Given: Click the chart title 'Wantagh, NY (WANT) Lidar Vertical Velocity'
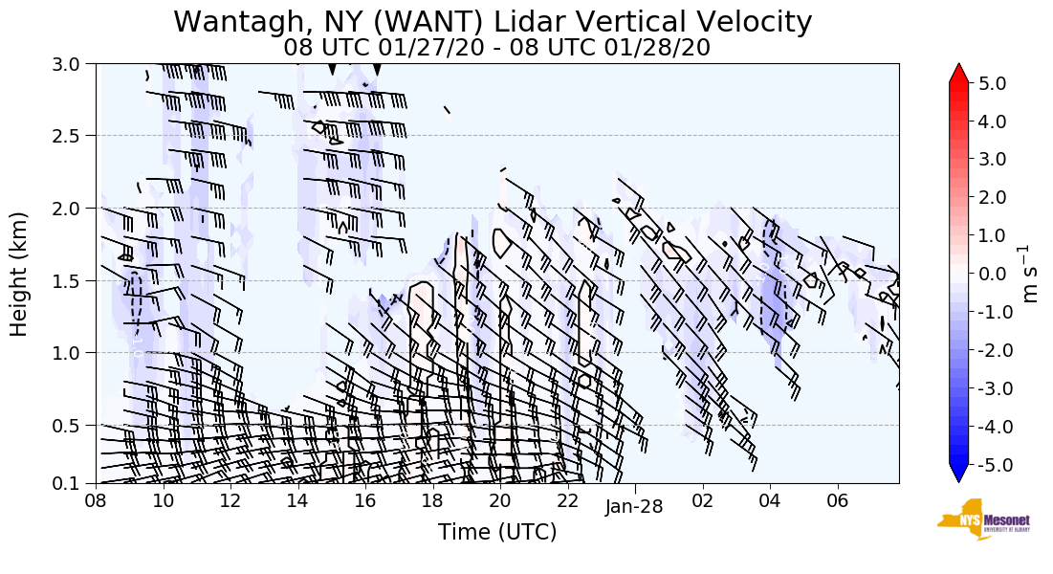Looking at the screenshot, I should [493, 22].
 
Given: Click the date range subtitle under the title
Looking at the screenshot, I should [496, 48].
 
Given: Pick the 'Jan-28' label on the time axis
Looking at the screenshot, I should [634, 507].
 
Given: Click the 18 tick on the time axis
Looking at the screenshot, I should [432, 500].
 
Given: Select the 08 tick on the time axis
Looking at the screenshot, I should [96, 500].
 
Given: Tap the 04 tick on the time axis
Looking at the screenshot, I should [770, 500].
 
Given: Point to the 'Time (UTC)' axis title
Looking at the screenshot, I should [496, 532].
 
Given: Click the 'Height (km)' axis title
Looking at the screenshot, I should [19, 274].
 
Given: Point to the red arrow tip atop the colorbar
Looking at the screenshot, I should [959, 72].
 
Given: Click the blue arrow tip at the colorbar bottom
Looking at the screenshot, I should [959, 475].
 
